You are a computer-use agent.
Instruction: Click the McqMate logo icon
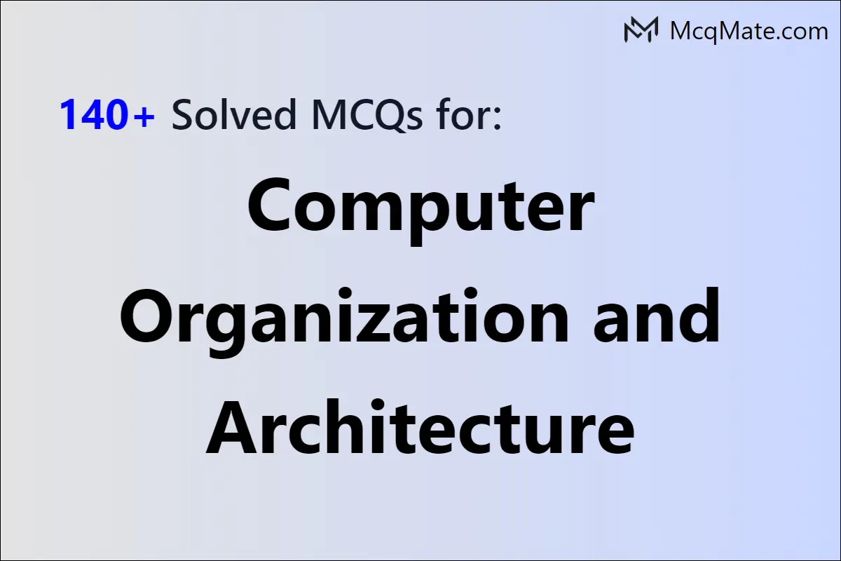click(x=641, y=29)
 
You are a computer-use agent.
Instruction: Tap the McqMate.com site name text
click(x=748, y=31)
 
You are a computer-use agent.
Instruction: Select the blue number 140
click(x=92, y=114)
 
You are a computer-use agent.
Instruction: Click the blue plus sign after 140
click(x=143, y=116)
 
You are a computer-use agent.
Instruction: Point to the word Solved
click(x=234, y=114)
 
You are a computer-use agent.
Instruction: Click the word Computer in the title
click(x=421, y=210)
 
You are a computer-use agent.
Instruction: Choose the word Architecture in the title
click(x=420, y=427)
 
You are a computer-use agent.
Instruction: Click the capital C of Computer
click(x=269, y=205)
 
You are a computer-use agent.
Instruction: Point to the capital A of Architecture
click(x=233, y=428)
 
